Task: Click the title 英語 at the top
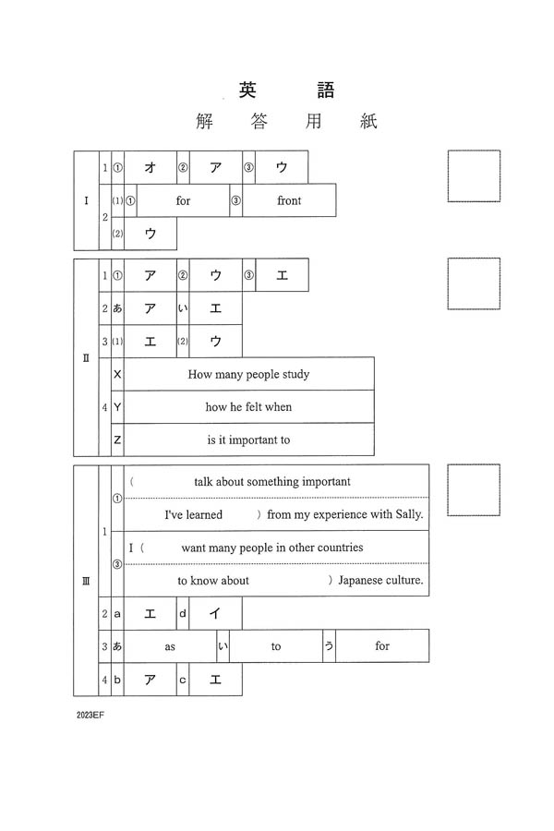coord(286,90)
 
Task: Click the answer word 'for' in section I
coord(183,200)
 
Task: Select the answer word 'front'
coord(289,200)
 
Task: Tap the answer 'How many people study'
coord(248,374)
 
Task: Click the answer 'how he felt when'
coord(248,407)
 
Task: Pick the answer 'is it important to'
coord(248,440)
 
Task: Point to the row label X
coord(117,374)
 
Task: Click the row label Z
coord(117,440)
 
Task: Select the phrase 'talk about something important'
coord(272,481)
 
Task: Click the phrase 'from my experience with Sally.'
coord(344,514)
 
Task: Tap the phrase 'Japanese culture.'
coord(380,581)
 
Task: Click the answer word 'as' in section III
coord(170,646)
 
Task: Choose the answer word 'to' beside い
coord(276,646)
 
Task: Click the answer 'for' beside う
coord(382,646)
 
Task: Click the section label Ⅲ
coord(86,581)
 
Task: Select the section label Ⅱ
coord(86,358)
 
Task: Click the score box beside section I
coord(474,175)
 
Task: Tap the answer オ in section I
coord(150,167)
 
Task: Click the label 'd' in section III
coord(183,613)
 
